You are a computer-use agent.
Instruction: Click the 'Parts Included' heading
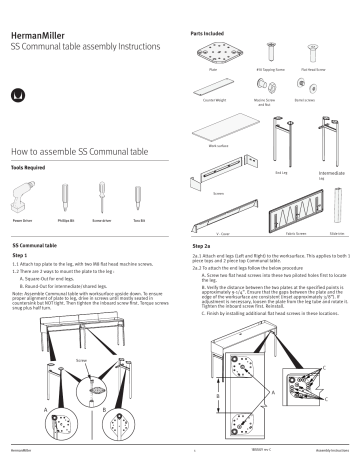pyautogui.click(x=208, y=33)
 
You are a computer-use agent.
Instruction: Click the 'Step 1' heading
pyautogui.click(x=19, y=254)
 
